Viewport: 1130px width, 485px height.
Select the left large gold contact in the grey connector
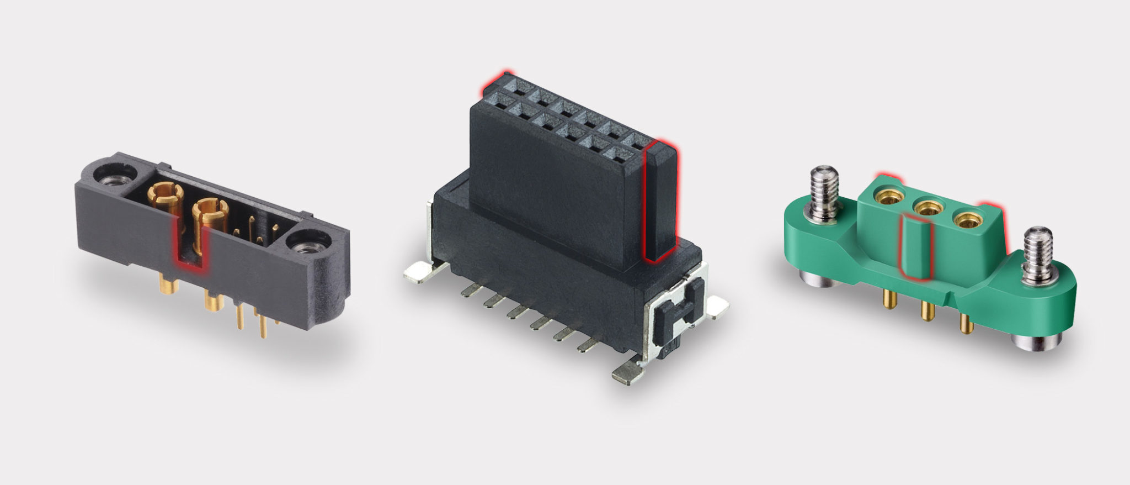[x=166, y=195]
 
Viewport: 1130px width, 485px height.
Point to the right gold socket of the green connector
[x=967, y=220]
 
